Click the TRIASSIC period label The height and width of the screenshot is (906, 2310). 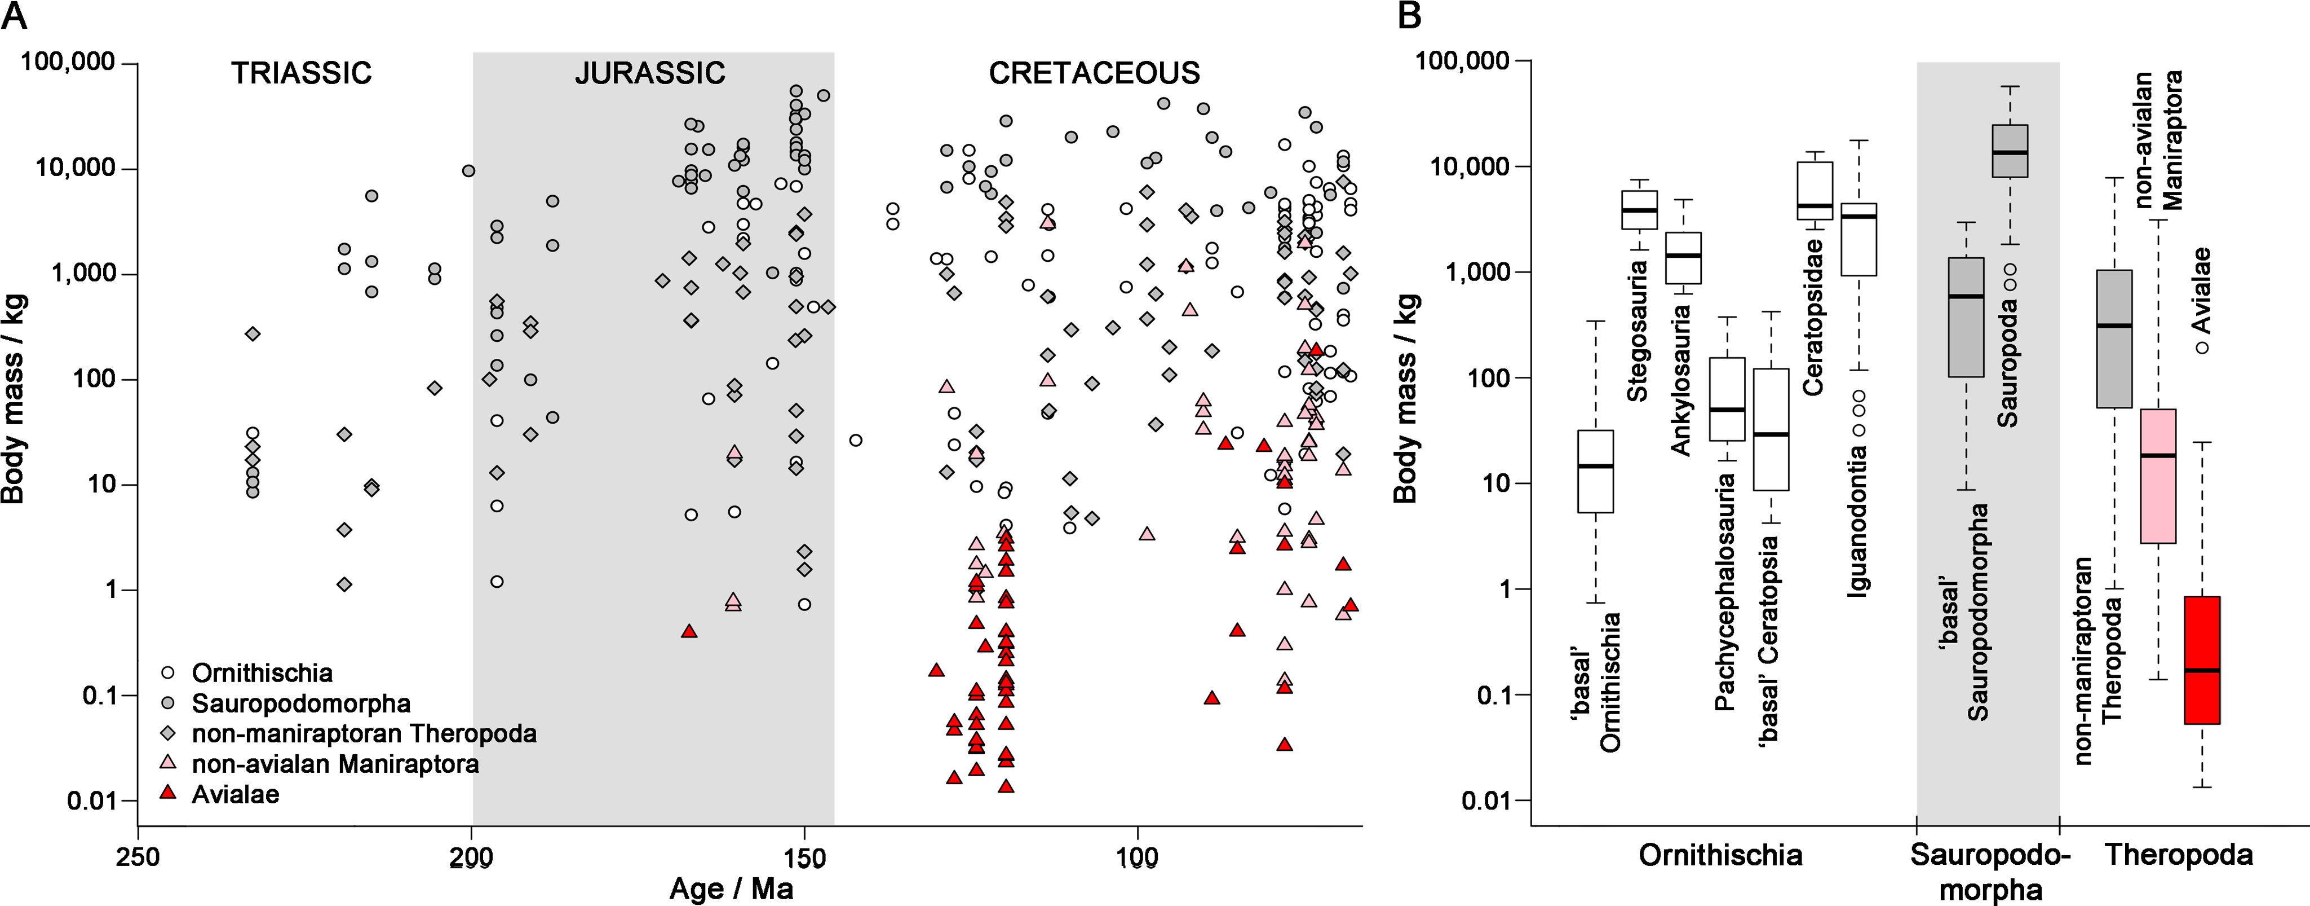coord(302,73)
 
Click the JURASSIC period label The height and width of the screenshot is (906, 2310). coord(650,73)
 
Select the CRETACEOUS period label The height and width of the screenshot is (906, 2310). coord(1094,73)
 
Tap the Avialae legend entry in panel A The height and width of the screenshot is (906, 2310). coord(235,795)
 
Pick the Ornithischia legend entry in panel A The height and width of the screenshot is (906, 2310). coord(262,673)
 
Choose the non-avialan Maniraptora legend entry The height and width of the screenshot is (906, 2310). coord(334,764)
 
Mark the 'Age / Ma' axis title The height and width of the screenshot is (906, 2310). coord(731,889)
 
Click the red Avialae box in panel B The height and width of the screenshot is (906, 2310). coord(2202,659)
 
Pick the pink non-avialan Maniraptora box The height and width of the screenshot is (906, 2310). coord(2158,476)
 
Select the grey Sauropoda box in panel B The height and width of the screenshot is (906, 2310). coord(2010,151)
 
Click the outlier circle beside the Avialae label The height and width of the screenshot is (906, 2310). coord(2202,347)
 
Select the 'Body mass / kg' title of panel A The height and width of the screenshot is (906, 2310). coord(14,399)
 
